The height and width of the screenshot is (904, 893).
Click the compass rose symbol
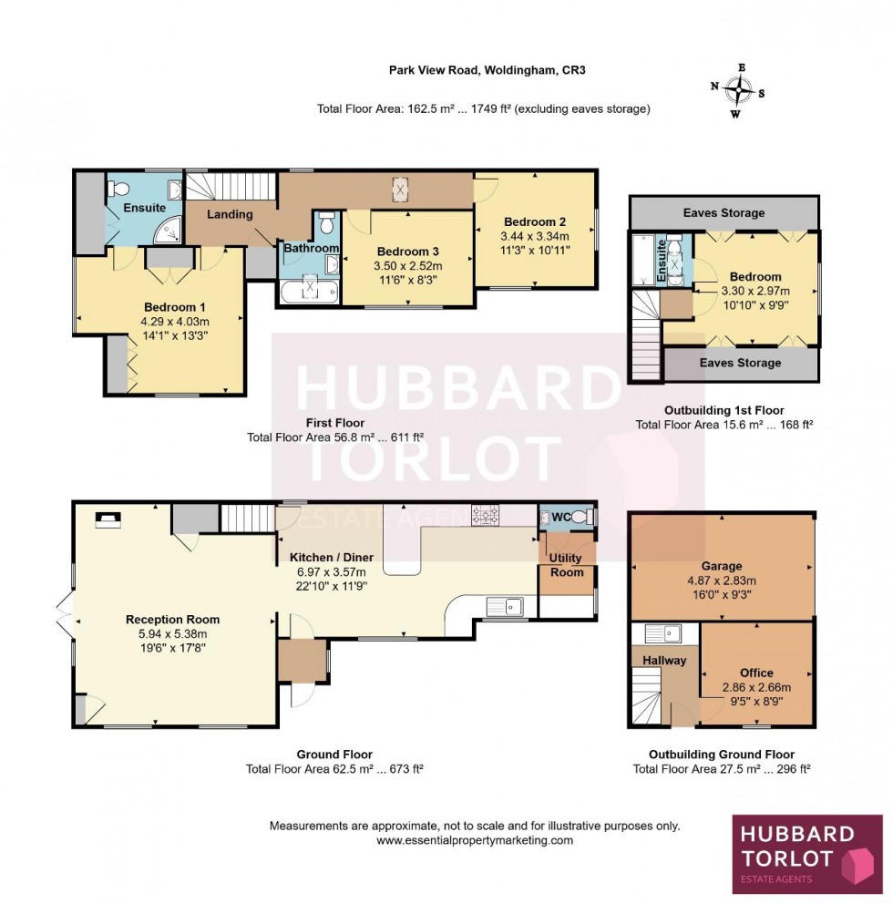739,90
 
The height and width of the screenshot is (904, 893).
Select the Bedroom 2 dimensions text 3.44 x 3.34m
536,236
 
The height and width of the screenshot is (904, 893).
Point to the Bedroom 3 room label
407,252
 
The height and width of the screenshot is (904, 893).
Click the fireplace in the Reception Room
109,519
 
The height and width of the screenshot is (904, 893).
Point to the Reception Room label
172,620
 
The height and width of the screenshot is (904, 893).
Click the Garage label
721,566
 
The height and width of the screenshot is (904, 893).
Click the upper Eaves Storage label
724,213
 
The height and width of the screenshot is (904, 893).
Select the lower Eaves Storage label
739,363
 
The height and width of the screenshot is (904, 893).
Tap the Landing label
230,215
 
